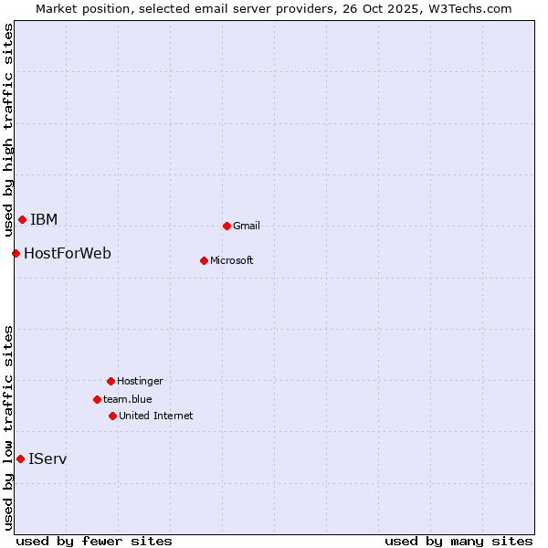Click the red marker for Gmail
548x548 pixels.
[227, 226]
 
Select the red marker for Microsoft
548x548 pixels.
[204, 260]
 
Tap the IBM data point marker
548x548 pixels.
[22, 219]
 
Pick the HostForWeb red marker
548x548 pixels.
[16, 253]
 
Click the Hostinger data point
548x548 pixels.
[111, 381]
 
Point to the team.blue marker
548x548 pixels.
[97, 399]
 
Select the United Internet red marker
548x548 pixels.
[112, 416]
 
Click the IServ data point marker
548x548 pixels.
[20, 458]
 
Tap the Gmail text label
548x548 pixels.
[247, 227]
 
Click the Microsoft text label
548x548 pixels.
[232, 261]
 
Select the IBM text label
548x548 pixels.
[44, 220]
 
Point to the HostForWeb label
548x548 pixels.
[68, 254]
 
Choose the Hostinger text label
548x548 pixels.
[140, 382]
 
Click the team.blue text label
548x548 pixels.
[128, 400]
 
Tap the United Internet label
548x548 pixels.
[156, 416]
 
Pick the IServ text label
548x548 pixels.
[47, 459]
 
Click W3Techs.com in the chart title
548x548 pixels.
[470, 9]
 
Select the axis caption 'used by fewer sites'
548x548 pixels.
[94, 542]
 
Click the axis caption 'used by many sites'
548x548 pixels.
[458, 542]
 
